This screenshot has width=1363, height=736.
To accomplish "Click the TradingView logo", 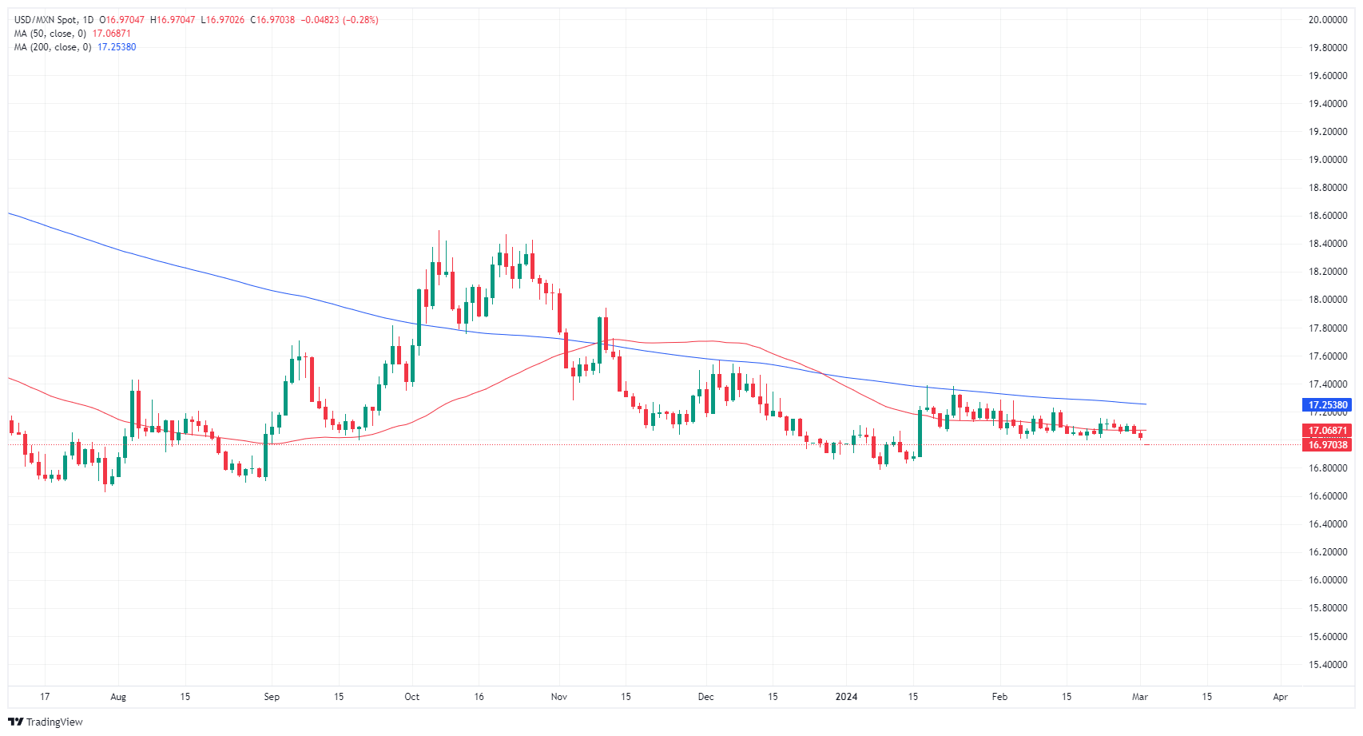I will point(46,722).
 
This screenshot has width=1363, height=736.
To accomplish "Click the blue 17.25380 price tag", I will point(1327,405).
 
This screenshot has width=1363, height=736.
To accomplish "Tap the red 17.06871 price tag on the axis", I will point(1327,431).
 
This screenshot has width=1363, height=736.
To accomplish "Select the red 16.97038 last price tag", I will point(1327,445).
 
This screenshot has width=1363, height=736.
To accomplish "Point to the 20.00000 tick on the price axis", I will point(1327,20).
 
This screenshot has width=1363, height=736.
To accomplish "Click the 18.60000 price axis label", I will point(1327,216).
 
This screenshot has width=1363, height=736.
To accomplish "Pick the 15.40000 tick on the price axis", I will point(1327,665).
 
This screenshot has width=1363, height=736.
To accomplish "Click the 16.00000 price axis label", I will point(1327,580).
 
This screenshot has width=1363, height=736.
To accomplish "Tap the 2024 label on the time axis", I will point(846,697).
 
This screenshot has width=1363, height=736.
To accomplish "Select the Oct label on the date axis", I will point(411,697).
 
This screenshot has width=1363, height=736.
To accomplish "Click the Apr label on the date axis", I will point(1280,697).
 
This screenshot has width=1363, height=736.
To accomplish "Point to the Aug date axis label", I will point(118,697).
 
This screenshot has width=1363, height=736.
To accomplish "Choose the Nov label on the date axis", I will point(558,697).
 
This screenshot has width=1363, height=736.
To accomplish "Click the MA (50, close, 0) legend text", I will point(50,34).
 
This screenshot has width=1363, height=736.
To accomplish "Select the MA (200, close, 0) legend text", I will point(53,47).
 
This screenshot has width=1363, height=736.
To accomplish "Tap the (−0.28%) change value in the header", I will point(360,20).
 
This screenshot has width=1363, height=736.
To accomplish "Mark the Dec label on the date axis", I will point(705,697).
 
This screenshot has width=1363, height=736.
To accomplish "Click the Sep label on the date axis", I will point(272,697).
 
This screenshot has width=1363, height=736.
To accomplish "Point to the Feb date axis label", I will point(999,697).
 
